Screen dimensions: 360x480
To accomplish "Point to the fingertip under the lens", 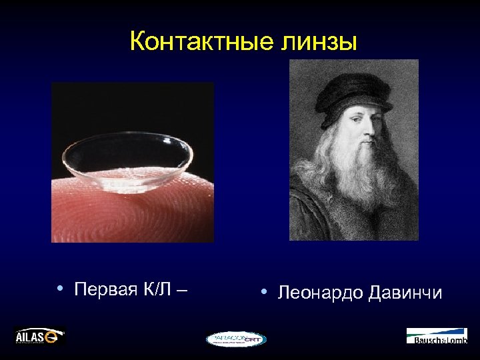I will click(133, 213).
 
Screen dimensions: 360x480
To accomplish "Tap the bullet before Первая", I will click(60, 289).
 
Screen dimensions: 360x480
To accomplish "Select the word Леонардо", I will click(318, 293).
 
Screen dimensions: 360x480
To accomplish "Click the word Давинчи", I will click(405, 293).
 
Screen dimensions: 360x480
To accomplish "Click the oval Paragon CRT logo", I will click(236, 339).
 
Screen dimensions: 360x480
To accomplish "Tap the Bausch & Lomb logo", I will click(437, 336).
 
